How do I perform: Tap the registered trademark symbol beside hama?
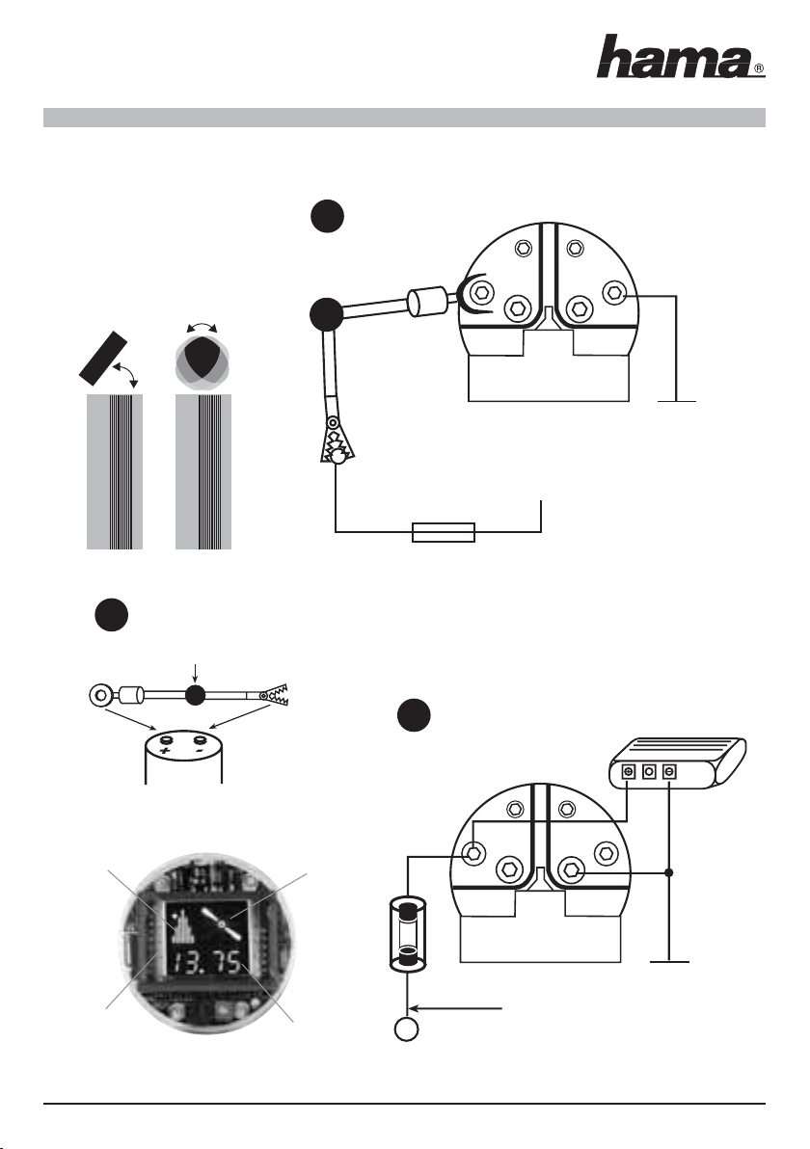tap(760, 70)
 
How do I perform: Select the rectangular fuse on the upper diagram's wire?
tap(444, 532)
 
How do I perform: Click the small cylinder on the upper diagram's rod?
tap(428, 301)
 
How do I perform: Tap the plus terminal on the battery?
tap(166, 741)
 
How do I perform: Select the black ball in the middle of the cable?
tap(194, 695)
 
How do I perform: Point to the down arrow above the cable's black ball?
tap(194, 672)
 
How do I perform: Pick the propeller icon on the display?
tap(222, 925)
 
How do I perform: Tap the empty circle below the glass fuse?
tap(407, 1029)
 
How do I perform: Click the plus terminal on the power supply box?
tap(628, 772)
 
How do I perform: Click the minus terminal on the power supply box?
tap(669, 772)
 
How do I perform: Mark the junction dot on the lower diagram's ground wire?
tap(669, 872)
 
